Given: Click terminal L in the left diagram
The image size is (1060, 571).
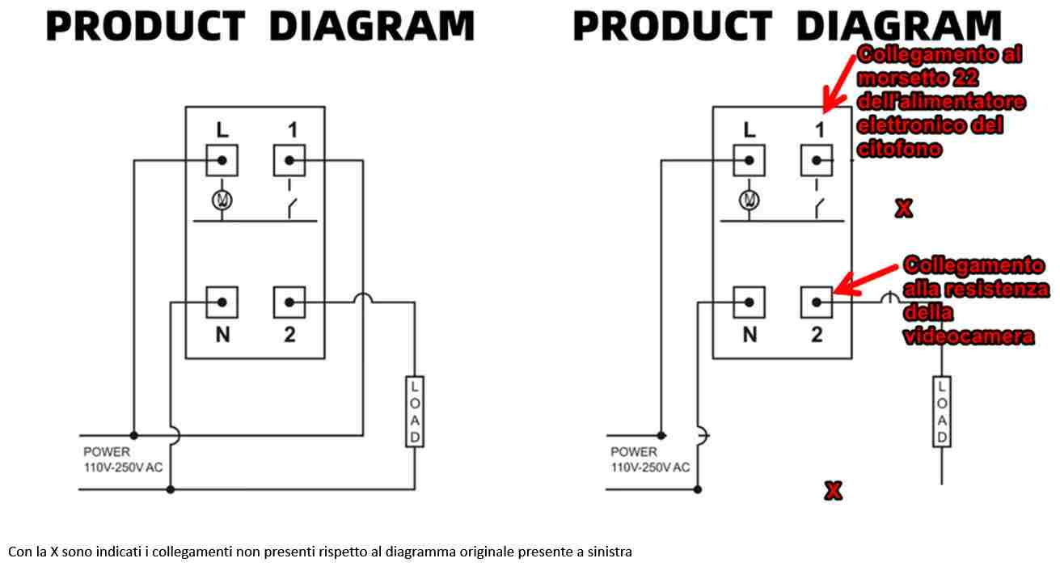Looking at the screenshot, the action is pyautogui.click(x=222, y=160).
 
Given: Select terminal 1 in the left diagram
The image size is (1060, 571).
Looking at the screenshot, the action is pyautogui.click(x=289, y=160).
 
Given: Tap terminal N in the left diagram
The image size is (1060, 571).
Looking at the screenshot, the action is pyautogui.click(x=222, y=302).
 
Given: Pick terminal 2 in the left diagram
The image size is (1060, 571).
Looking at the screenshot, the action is pyautogui.click(x=289, y=302).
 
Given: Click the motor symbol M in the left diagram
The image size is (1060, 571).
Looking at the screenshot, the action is pyautogui.click(x=222, y=201).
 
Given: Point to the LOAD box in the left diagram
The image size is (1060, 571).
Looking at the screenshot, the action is pyautogui.click(x=415, y=412).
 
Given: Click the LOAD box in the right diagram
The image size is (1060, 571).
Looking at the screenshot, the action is pyautogui.click(x=942, y=412).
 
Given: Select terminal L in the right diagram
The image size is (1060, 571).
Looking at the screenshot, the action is pyautogui.click(x=749, y=160).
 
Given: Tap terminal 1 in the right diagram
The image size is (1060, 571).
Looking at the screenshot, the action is pyautogui.click(x=817, y=160).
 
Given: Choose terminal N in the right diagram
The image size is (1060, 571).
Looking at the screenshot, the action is pyautogui.click(x=749, y=302).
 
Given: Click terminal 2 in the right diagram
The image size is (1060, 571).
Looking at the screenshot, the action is pyautogui.click(x=817, y=302).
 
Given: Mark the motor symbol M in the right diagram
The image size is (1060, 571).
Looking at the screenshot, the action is pyautogui.click(x=749, y=201).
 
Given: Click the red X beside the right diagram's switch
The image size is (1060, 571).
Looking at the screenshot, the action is pyautogui.click(x=904, y=209).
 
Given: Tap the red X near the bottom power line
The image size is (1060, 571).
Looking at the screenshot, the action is pyautogui.click(x=834, y=491).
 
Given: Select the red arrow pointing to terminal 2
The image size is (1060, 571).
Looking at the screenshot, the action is pyautogui.click(x=866, y=281).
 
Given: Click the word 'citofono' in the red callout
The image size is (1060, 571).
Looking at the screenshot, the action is pyautogui.click(x=899, y=150).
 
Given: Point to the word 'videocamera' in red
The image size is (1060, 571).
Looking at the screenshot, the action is pyautogui.click(x=969, y=336).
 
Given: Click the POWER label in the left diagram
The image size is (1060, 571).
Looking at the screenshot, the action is pyautogui.click(x=107, y=451).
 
